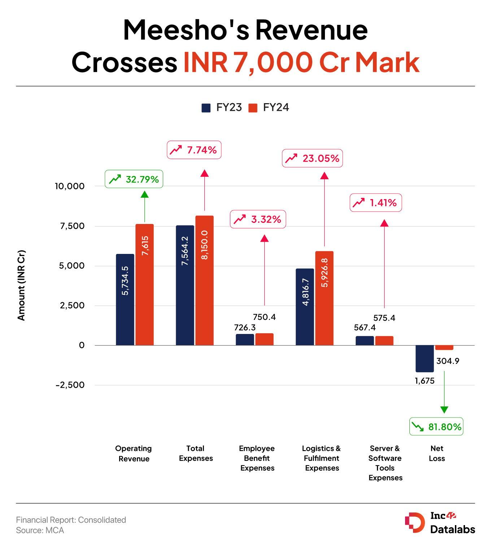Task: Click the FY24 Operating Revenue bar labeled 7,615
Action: tap(144, 285)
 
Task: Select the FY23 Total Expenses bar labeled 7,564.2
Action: tap(185, 285)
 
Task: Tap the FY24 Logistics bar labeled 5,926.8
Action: tap(324, 298)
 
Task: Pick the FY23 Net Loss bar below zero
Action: tap(425, 358)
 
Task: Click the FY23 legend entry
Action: tap(222, 108)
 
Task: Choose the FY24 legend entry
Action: tap(269, 108)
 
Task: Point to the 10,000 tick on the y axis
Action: tap(70, 186)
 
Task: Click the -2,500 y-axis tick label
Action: tap(70, 385)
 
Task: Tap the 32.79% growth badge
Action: tap(134, 179)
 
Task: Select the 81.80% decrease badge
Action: tap(436, 427)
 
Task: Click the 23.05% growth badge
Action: tap(312, 158)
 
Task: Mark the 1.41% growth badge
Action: tap(375, 203)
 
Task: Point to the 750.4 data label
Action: tap(264, 317)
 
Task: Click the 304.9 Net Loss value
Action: tap(448, 361)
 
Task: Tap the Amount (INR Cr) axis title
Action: tap(22, 285)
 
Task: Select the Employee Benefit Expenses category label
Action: tap(257, 458)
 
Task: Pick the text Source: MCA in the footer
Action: tap(40, 531)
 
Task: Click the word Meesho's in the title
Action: tap(186, 30)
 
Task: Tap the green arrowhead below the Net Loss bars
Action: tap(444, 410)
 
